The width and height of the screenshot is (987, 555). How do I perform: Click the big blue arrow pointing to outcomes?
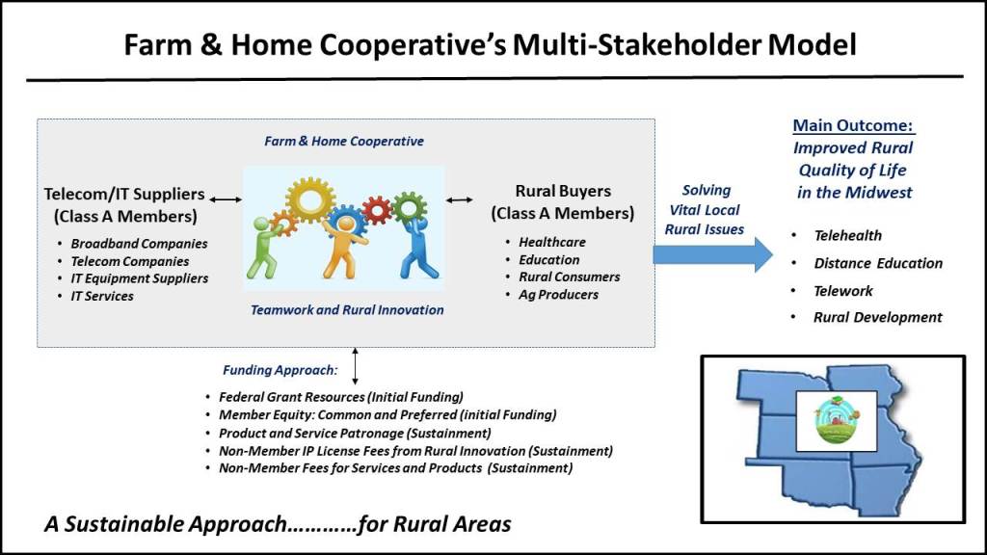point(712,254)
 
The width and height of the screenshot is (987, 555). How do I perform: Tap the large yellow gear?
point(309,200)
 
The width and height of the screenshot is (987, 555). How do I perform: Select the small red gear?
point(377,210)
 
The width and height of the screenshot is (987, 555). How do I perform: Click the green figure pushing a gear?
point(264,247)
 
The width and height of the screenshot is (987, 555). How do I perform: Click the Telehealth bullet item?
point(847,235)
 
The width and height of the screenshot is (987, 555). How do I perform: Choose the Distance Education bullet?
point(877,263)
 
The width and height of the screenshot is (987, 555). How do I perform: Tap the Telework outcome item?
point(842,291)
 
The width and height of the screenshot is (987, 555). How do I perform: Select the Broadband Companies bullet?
point(139,244)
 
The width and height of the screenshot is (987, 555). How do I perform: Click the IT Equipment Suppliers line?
point(139,278)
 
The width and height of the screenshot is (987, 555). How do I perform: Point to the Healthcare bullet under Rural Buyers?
point(552,242)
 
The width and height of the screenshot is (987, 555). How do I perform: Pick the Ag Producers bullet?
point(558,295)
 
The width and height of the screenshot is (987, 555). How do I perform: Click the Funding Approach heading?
point(280,370)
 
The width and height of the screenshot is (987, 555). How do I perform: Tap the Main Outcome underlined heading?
point(853,125)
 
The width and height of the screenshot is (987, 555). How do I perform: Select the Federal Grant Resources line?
point(341,397)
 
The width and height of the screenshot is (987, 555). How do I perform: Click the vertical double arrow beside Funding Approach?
point(355,366)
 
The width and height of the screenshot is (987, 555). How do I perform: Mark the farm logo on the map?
point(837,420)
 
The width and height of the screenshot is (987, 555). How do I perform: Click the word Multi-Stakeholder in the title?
point(637,44)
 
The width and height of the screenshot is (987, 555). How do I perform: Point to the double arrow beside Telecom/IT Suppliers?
point(226,199)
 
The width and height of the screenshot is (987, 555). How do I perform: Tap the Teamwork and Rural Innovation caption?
point(347,309)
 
